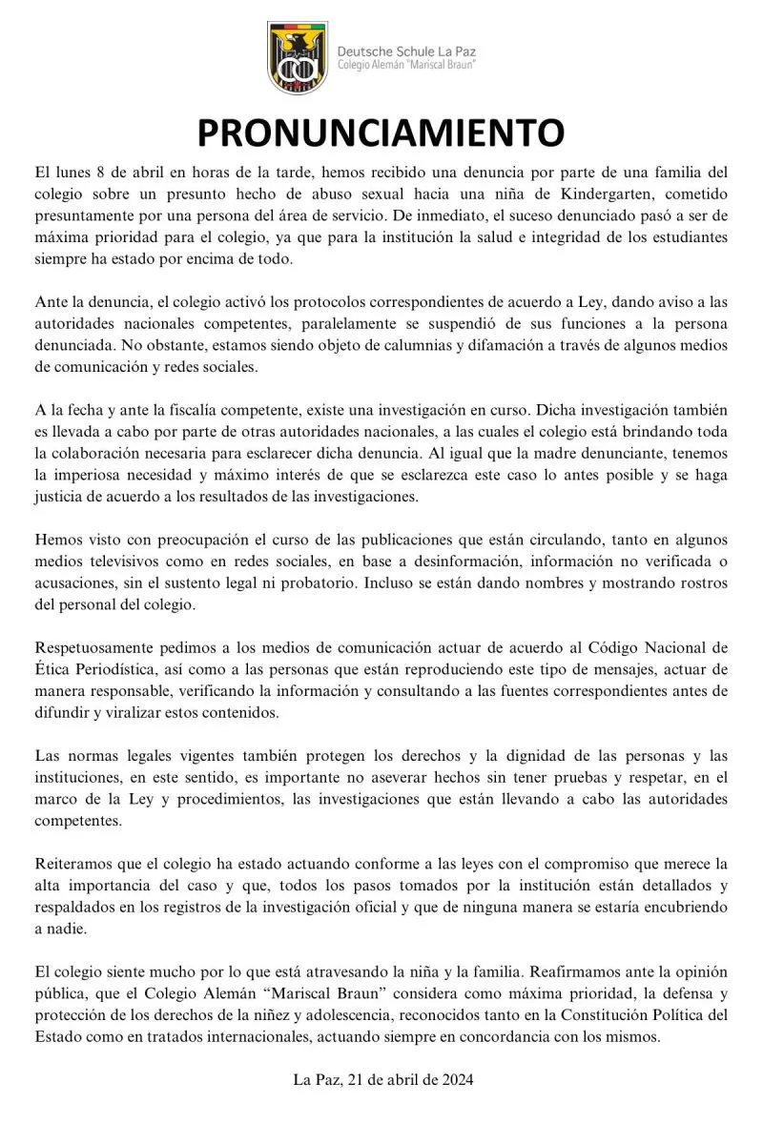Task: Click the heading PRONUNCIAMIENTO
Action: (x=381, y=133)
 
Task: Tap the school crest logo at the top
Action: (x=297, y=58)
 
